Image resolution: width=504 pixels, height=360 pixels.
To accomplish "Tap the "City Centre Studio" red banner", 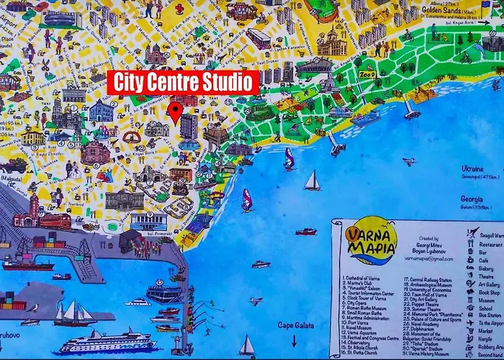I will pos(183,82).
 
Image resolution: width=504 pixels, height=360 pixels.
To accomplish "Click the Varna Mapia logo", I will pos(371,245).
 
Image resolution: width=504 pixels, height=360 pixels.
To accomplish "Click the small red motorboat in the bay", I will pos(306,231).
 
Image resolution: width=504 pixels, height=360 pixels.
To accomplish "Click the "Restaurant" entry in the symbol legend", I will pos(490,244).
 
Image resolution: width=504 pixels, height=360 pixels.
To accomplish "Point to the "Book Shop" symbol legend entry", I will pos(489,294).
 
